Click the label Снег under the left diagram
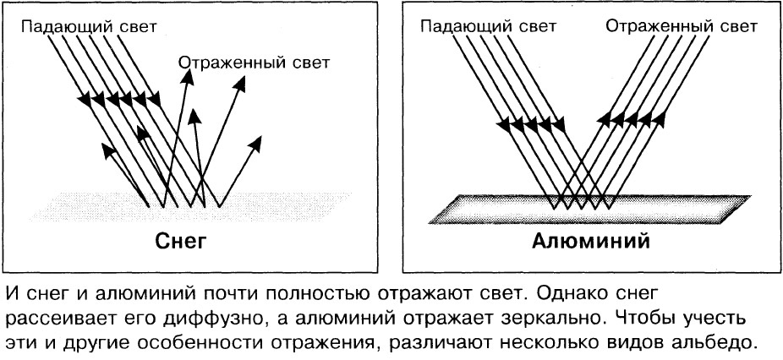(181, 242)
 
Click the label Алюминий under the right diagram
(591, 242)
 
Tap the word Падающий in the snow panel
(67, 26)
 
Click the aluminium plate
(590, 209)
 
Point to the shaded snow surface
(189, 207)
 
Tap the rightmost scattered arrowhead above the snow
(255, 144)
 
